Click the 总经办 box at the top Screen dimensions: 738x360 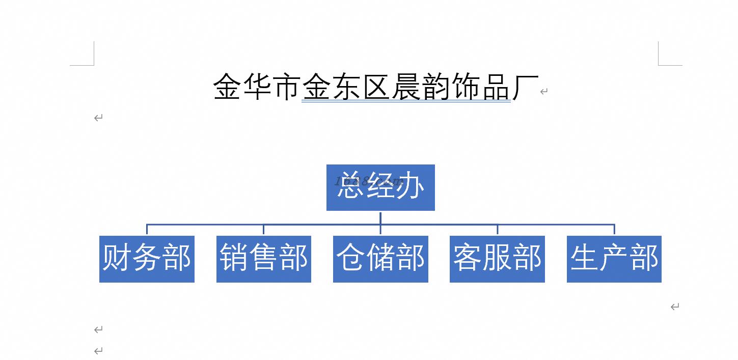380,187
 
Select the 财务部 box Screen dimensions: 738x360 147,259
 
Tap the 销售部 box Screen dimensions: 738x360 263,259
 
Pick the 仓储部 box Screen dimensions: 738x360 380,259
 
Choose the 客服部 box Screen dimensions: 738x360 497,259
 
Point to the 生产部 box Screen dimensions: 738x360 614,259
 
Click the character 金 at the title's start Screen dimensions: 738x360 227,87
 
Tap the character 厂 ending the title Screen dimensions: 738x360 525,87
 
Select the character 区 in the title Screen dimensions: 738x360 376,87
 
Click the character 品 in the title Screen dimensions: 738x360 496,87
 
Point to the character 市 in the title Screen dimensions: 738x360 286,87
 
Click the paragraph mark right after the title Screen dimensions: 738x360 544,92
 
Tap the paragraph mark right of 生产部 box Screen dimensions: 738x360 675,307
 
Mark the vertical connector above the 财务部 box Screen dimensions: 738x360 147,229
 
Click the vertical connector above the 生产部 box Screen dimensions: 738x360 614,229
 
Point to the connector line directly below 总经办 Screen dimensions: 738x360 380,217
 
